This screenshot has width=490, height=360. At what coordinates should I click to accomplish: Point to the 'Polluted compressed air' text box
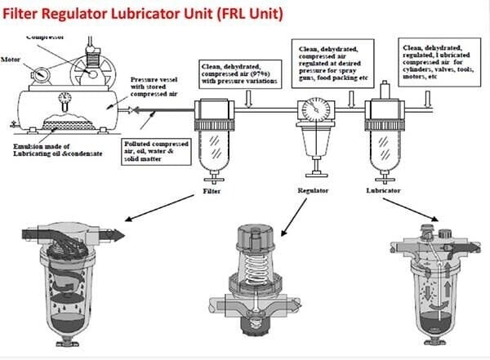[159, 152]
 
